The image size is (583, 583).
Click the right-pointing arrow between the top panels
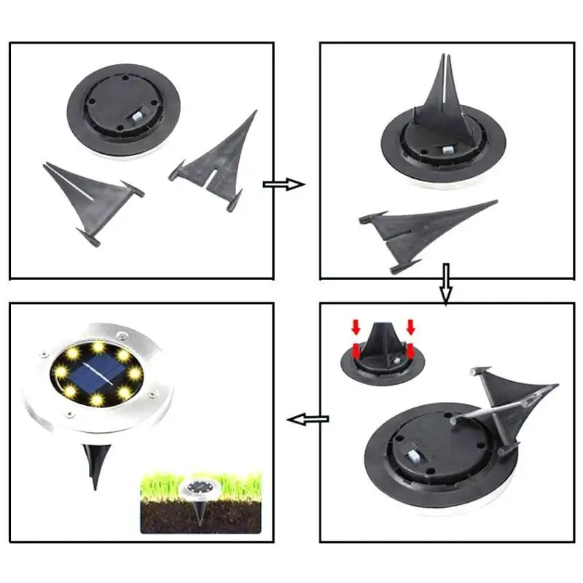tap(284, 184)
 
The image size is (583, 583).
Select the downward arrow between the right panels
tap(446, 284)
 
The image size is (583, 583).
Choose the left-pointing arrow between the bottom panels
tap(307, 419)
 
